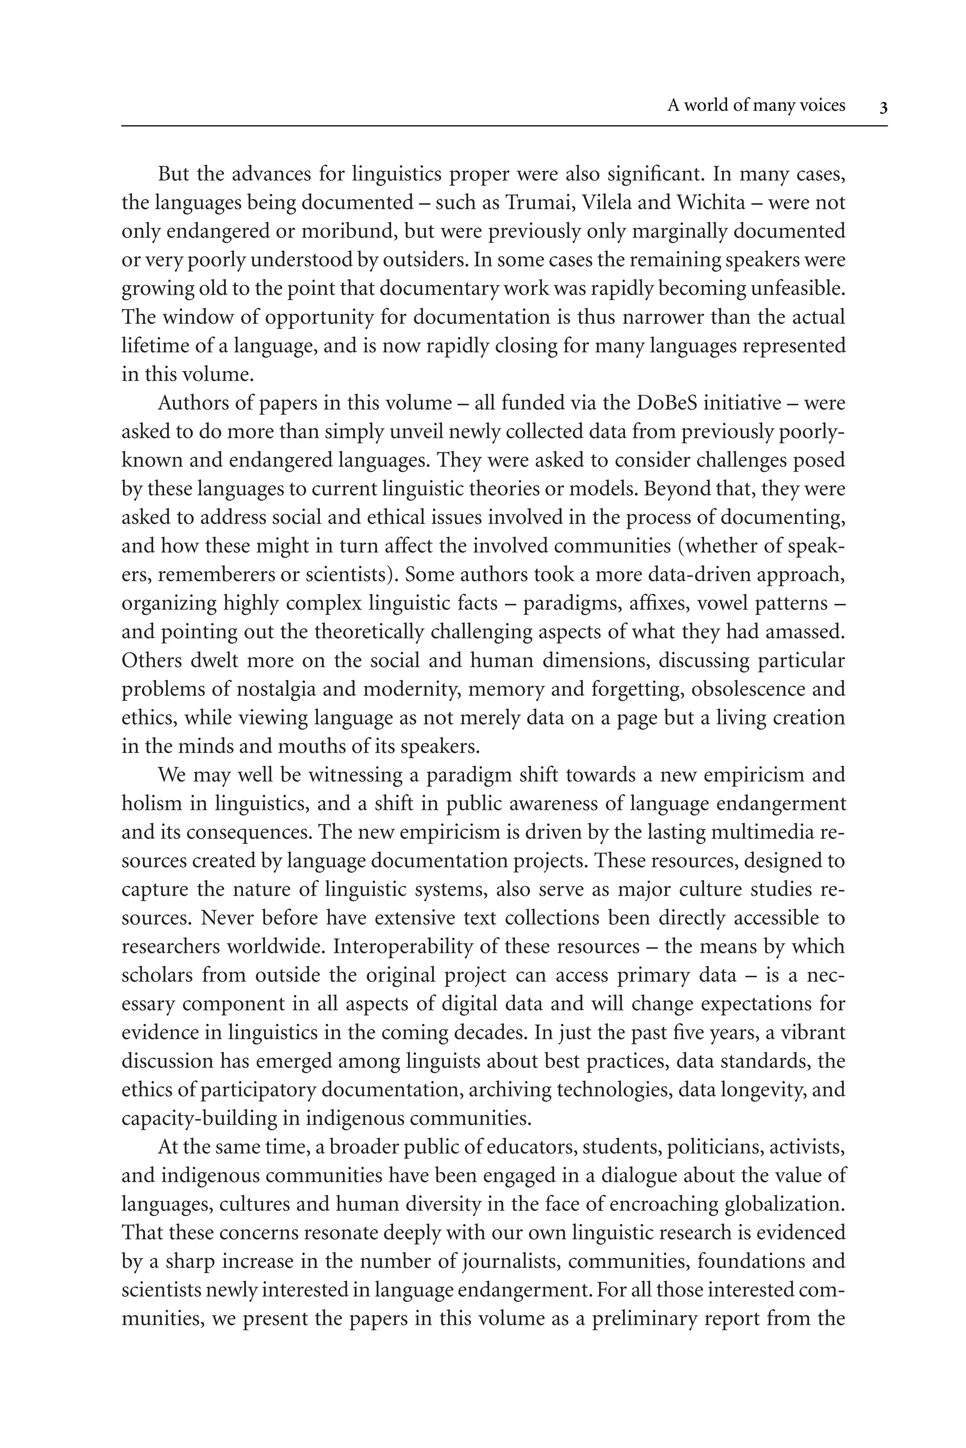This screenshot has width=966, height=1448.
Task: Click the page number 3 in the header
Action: click(883, 108)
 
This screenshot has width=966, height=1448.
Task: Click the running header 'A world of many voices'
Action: click(756, 106)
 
